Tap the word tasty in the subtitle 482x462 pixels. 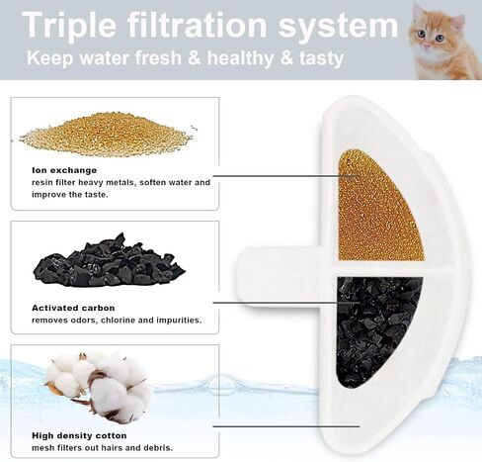click(322, 58)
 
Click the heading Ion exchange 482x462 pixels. click(64, 170)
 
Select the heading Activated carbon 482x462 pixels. click(73, 308)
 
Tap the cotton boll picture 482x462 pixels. click(99, 387)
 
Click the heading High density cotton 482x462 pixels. click(79, 435)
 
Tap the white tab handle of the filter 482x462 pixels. click(280, 278)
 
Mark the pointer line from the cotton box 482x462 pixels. click(286, 426)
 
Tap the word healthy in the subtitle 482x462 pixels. click(240, 58)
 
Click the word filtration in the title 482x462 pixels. click(197, 25)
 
